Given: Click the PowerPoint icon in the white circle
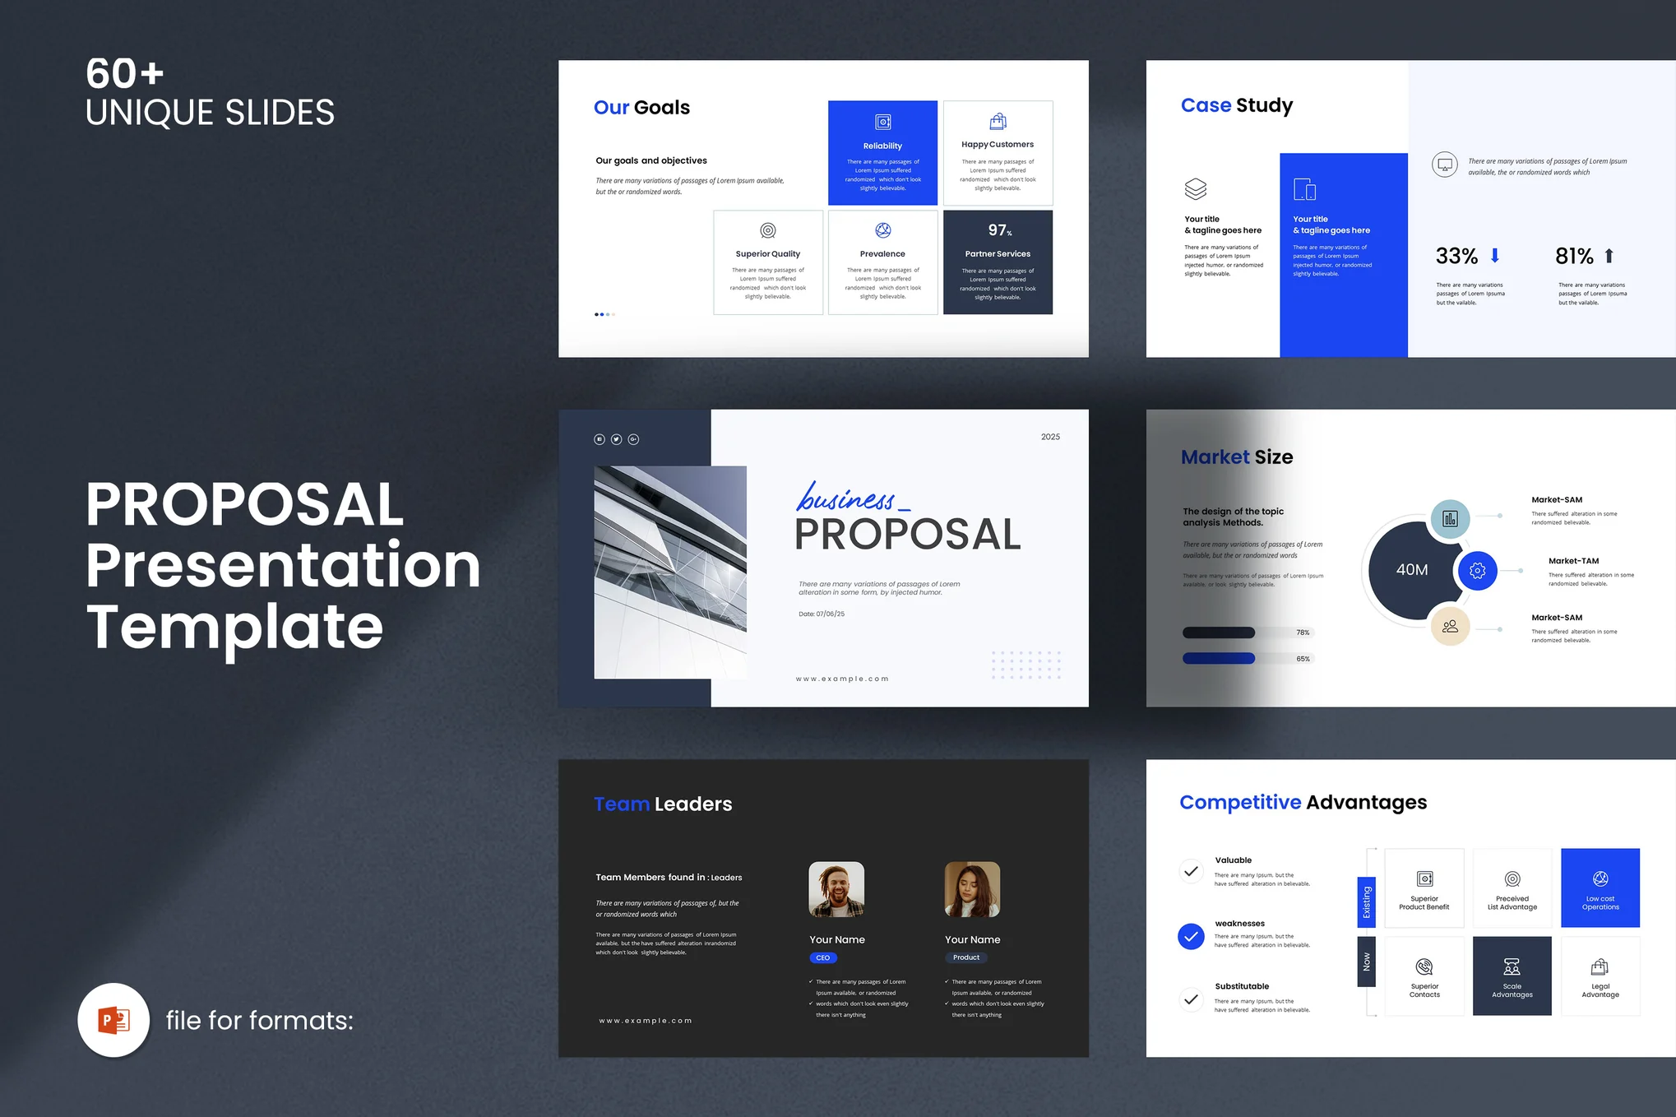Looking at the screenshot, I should point(113,1020).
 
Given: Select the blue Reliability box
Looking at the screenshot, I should point(882,153).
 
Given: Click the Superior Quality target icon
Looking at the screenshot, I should point(767,230).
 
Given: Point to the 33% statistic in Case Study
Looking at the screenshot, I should point(1456,256).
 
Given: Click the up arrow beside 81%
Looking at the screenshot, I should point(1609,256).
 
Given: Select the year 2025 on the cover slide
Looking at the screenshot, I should point(1050,437).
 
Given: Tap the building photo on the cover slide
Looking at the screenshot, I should point(670,572).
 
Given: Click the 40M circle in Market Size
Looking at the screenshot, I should point(1411,569).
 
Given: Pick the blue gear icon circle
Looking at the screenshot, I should point(1477,570).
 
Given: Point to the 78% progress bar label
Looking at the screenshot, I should point(1303,633).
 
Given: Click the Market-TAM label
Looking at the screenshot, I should point(1573,561).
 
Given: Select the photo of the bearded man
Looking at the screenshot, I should point(836,889).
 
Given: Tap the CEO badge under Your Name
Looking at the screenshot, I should point(822,957).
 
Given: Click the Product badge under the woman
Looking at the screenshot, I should point(965,957).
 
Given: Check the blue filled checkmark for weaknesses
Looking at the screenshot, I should point(1191,936).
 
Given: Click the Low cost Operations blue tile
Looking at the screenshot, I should point(1600,888).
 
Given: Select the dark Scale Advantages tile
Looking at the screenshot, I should point(1512,976).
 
